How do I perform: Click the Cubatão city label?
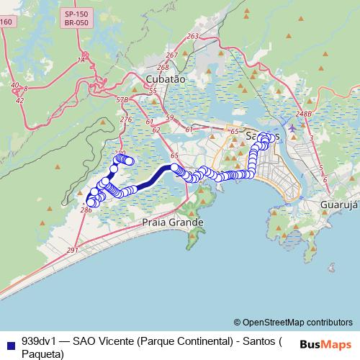(x=166, y=78)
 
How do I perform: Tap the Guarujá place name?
(x=338, y=204)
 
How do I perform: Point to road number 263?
(x=192, y=36)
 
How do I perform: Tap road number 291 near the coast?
(x=72, y=250)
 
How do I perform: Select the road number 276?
(x=127, y=120)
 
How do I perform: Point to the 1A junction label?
(x=81, y=60)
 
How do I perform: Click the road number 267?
(x=171, y=55)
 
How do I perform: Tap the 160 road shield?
(x=6, y=22)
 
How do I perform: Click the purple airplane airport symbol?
(x=292, y=127)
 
